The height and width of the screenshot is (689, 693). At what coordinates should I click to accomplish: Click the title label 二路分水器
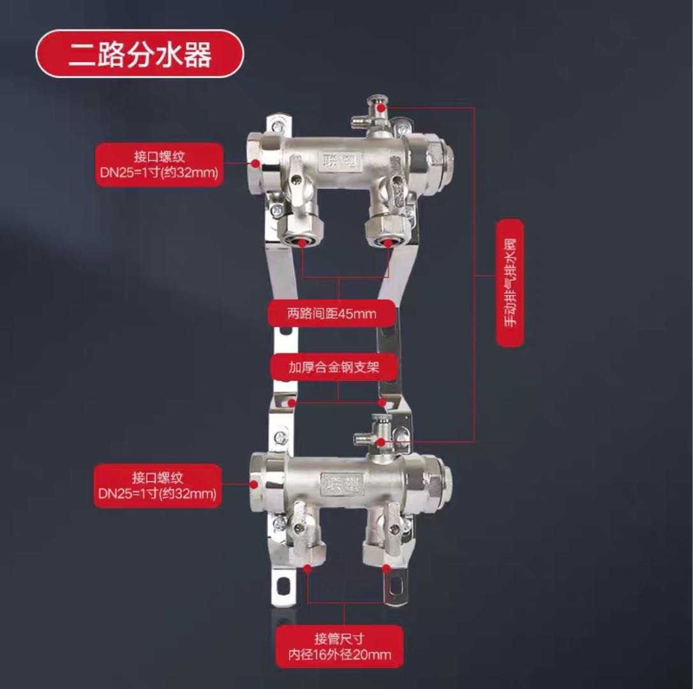[140, 54]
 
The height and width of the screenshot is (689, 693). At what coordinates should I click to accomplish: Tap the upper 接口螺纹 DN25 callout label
[159, 165]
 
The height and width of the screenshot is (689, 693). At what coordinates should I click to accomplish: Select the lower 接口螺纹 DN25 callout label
[158, 485]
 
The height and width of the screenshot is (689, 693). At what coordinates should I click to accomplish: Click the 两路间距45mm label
[331, 314]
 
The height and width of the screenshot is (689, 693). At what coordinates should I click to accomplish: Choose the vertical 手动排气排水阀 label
[510, 283]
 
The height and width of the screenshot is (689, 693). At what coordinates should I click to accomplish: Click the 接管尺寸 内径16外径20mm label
[339, 646]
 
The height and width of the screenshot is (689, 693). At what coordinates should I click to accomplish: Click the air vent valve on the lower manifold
[374, 435]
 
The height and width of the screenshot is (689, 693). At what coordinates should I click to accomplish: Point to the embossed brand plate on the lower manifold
[341, 484]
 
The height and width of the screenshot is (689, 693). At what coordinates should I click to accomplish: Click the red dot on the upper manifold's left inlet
[255, 163]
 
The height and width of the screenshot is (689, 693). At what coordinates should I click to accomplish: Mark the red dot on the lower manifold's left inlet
[254, 484]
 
